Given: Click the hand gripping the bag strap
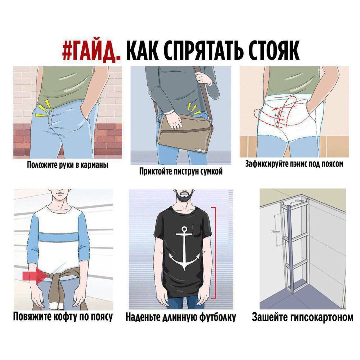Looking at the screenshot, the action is pos(203,79).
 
